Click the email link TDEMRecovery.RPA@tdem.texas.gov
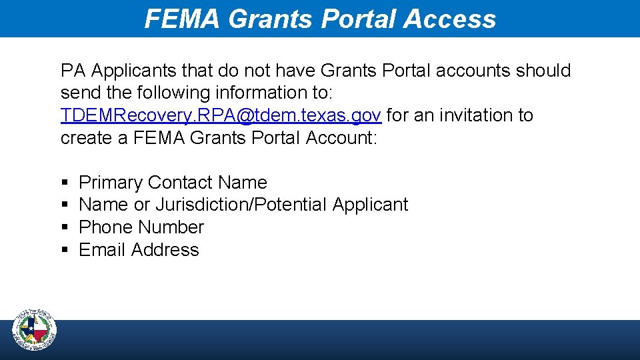pos(221,115)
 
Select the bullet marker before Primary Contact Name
pos(64,183)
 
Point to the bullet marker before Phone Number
pos(64,227)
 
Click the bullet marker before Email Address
pos(64,250)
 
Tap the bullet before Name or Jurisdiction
pos(64,205)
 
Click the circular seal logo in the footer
pos(35,331)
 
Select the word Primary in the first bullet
pos(111,183)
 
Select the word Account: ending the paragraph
pos(341,138)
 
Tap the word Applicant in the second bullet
pos(370,205)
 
